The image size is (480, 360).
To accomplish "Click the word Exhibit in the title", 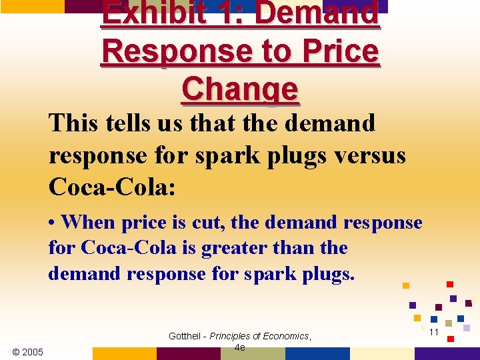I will click(x=145, y=13).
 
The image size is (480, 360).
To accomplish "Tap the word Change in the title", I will click(x=239, y=89).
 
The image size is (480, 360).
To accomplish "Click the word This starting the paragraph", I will click(x=71, y=123).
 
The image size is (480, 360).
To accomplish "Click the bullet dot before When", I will click(x=53, y=222).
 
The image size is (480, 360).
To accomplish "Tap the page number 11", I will click(x=433, y=331).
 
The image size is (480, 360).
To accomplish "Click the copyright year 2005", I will click(x=27, y=351).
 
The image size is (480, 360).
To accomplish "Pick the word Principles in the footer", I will click(x=232, y=336).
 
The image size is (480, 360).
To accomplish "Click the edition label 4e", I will click(x=240, y=347).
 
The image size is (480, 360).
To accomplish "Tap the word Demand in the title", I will click(x=317, y=13).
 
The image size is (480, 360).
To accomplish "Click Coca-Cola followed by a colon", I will click(x=111, y=187).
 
